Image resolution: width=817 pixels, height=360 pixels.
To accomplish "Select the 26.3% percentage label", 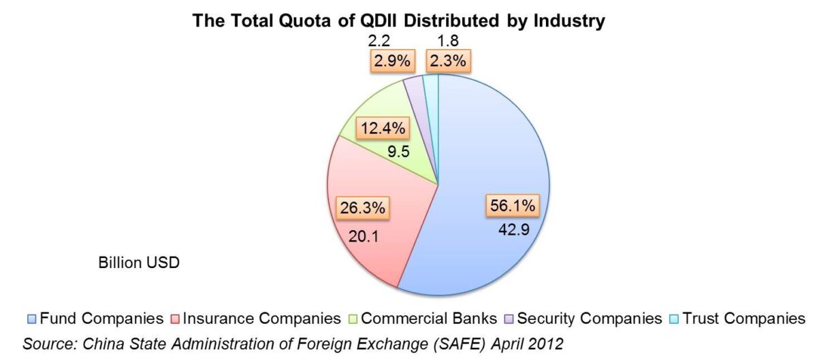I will (362, 208).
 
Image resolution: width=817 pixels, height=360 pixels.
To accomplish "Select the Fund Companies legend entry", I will (95, 318).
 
